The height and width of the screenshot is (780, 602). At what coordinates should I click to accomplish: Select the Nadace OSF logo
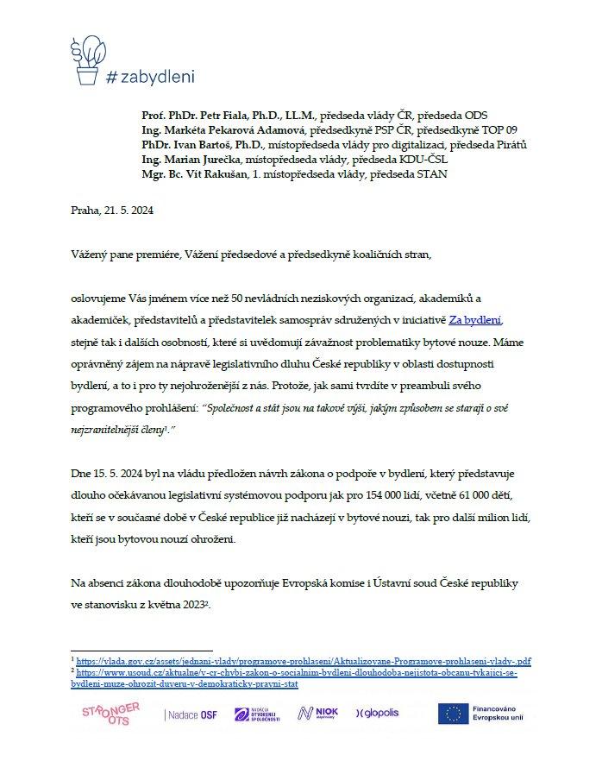click(x=191, y=714)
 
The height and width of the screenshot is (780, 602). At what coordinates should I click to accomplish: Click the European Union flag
click(x=452, y=714)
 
